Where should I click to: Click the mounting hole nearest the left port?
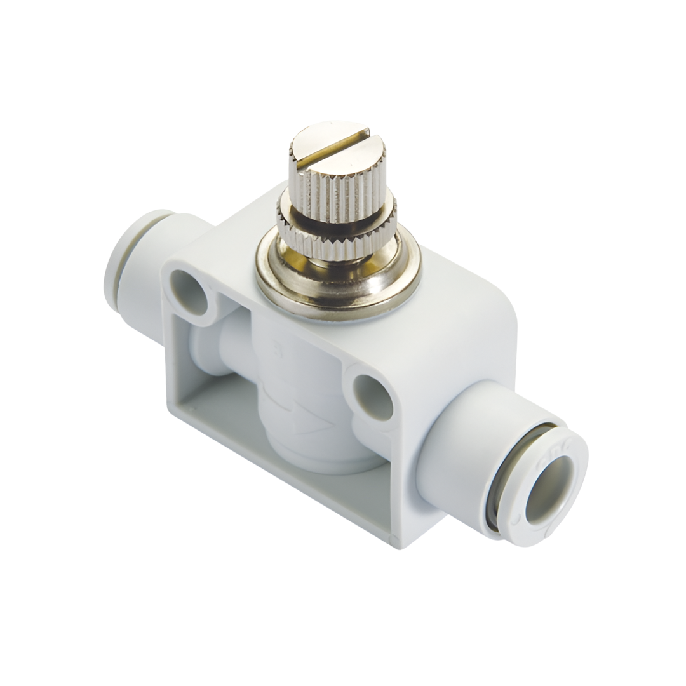point(190,292)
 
